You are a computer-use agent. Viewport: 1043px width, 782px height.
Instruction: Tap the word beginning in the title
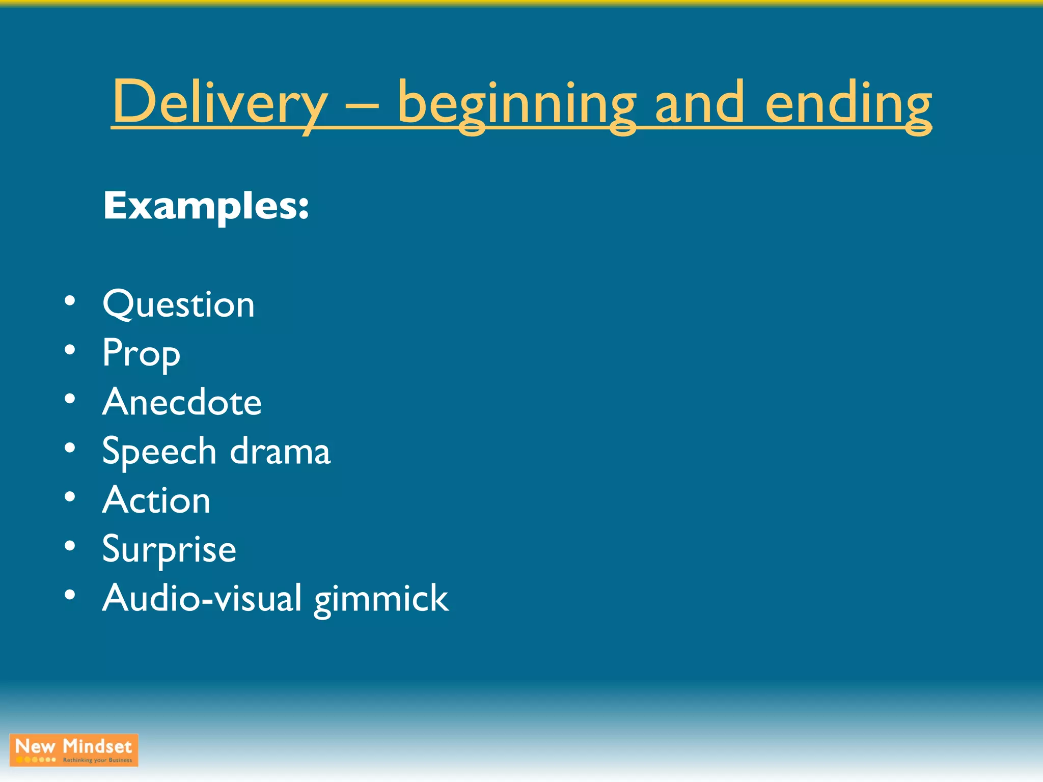(516, 104)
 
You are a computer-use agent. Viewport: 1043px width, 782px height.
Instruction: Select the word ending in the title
(848, 104)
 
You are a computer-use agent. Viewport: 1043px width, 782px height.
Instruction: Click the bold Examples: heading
(206, 206)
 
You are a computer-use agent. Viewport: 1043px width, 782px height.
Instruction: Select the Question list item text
(178, 304)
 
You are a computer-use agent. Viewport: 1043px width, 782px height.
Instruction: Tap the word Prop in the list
(141, 353)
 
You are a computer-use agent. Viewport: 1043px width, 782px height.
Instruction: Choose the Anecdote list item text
(182, 402)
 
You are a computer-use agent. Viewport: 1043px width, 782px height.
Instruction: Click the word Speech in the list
(159, 451)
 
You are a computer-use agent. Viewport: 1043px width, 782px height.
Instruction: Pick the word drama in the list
(280, 451)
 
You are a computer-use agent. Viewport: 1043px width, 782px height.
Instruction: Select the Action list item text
(156, 500)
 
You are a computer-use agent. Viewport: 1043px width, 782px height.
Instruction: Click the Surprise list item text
(169, 549)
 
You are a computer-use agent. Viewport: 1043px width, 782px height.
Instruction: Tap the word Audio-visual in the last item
(202, 598)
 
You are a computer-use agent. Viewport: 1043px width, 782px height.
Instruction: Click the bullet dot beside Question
(70, 301)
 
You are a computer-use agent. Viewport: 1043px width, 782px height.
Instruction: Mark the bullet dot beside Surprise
(70, 546)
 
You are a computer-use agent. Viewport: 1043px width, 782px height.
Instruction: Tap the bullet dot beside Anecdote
(70, 399)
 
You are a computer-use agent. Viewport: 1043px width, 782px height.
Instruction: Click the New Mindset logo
(74, 750)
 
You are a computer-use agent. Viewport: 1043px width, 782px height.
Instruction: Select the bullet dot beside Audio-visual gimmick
(70, 595)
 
